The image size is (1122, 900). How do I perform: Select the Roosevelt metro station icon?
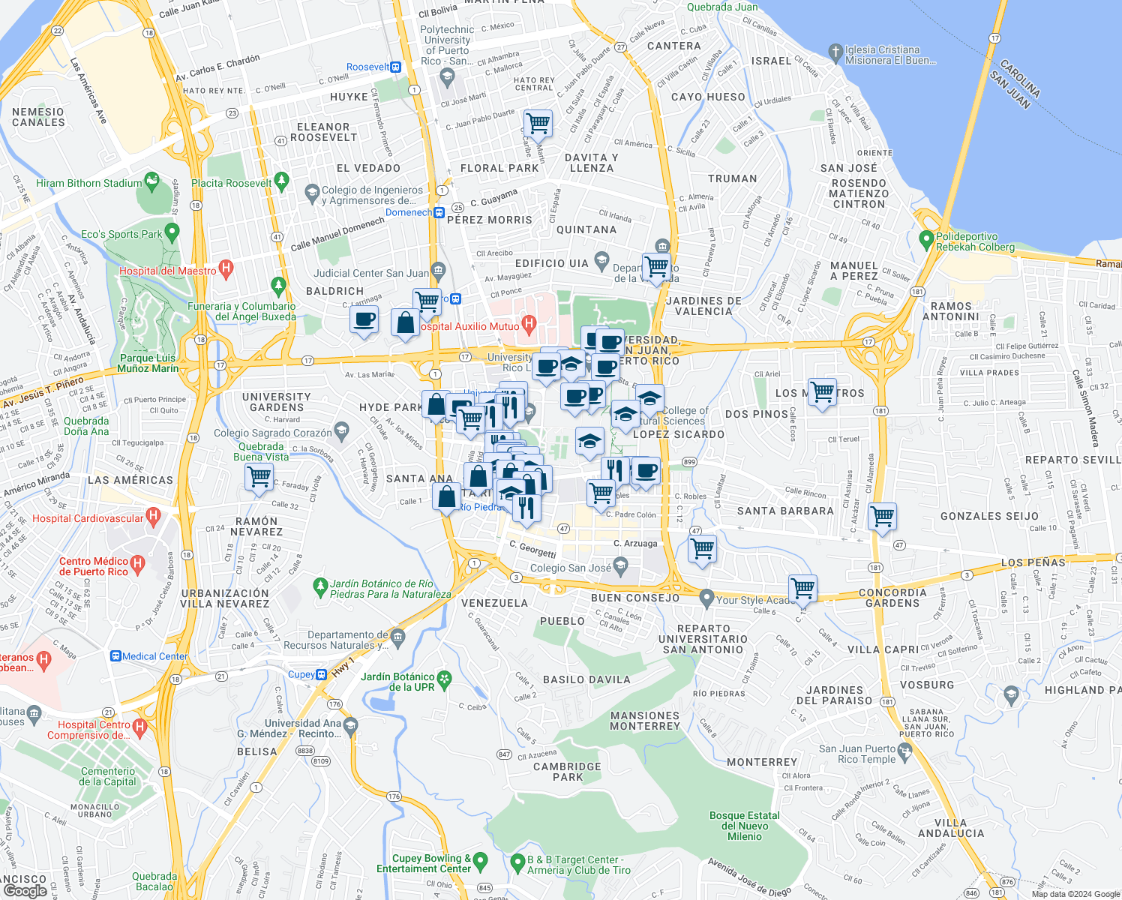pos(397,67)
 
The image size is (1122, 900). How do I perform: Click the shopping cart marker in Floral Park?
pos(538,122)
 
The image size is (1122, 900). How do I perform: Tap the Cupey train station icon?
pos(321,674)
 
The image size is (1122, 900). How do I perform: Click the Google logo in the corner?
pos(25,891)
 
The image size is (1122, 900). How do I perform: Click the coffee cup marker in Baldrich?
pos(364,320)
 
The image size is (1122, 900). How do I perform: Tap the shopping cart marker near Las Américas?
pos(259,477)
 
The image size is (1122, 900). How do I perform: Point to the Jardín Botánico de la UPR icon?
pos(445,679)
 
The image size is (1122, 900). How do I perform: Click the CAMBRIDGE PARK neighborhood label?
pos(567,772)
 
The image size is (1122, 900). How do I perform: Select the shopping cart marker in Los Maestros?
pos(822,392)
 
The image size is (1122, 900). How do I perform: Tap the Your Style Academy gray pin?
pos(706,598)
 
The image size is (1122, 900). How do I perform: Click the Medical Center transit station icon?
pos(116,656)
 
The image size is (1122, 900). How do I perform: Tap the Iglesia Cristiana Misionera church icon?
pos(835,52)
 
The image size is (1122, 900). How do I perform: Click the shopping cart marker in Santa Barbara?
pos(882,516)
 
